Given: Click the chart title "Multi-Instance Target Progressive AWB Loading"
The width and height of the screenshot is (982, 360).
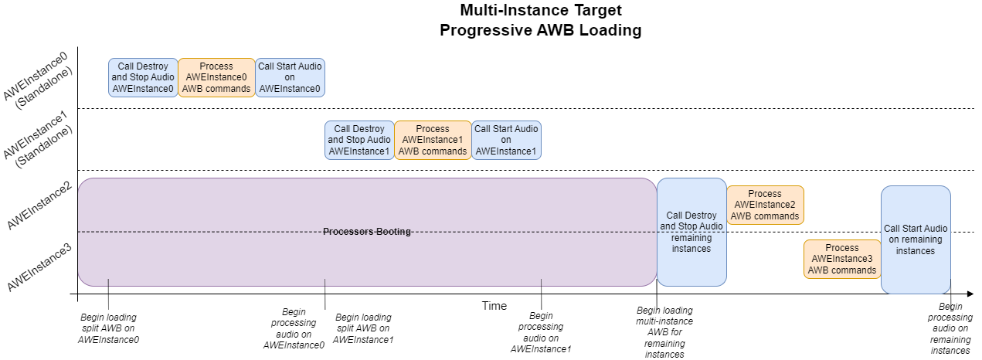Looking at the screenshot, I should click(x=541, y=21).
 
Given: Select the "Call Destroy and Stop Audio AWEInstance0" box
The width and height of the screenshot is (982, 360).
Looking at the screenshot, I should click(x=143, y=77).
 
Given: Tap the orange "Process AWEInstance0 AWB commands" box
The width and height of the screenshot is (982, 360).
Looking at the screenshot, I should click(x=216, y=77).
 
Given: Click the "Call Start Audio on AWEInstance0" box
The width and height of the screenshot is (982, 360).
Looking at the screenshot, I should click(x=290, y=77).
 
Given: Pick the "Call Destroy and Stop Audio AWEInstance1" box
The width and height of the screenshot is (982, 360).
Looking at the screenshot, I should click(x=359, y=140).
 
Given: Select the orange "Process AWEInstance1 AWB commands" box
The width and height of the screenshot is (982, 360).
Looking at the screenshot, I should click(x=433, y=140).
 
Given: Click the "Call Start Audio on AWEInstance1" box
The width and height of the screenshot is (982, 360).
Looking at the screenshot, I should click(x=506, y=140).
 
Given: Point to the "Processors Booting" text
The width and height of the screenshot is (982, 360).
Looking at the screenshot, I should click(x=367, y=232).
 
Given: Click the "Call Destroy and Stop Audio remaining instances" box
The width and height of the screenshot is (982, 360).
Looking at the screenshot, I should click(x=691, y=232).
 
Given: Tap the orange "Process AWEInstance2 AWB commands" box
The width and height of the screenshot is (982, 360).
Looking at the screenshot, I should click(x=765, y=205).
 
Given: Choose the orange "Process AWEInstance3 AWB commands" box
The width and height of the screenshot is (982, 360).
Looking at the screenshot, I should click(x=842, y=259).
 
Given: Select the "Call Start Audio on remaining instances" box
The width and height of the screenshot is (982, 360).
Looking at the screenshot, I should click(x=916, y=239).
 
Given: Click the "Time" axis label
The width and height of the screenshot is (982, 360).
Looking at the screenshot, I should click(x=494, y=306).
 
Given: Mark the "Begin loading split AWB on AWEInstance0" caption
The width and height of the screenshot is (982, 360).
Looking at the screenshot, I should click(x=109, y=328).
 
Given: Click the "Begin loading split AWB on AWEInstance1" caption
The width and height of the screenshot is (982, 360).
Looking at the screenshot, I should click(x=363, y=328).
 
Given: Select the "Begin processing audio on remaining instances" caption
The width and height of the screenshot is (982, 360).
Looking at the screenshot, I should click(x=950, y=328).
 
